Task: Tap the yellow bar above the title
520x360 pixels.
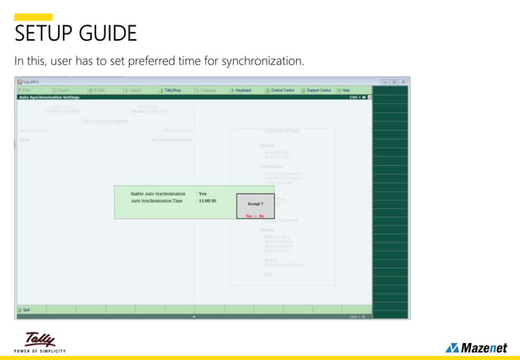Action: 33,17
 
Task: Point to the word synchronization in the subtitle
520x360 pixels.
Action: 262,61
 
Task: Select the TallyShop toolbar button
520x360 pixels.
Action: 170,90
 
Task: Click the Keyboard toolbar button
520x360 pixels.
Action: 242,90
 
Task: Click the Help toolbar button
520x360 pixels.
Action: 346,90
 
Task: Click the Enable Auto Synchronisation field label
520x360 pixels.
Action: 158,194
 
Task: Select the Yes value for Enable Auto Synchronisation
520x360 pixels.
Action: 203,194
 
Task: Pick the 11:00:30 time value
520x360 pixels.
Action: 208,201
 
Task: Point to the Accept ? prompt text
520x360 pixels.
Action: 255,204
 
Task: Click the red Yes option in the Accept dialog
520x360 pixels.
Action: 249,216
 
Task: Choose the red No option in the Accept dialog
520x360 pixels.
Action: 262,216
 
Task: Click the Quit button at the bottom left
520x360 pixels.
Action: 24,310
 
